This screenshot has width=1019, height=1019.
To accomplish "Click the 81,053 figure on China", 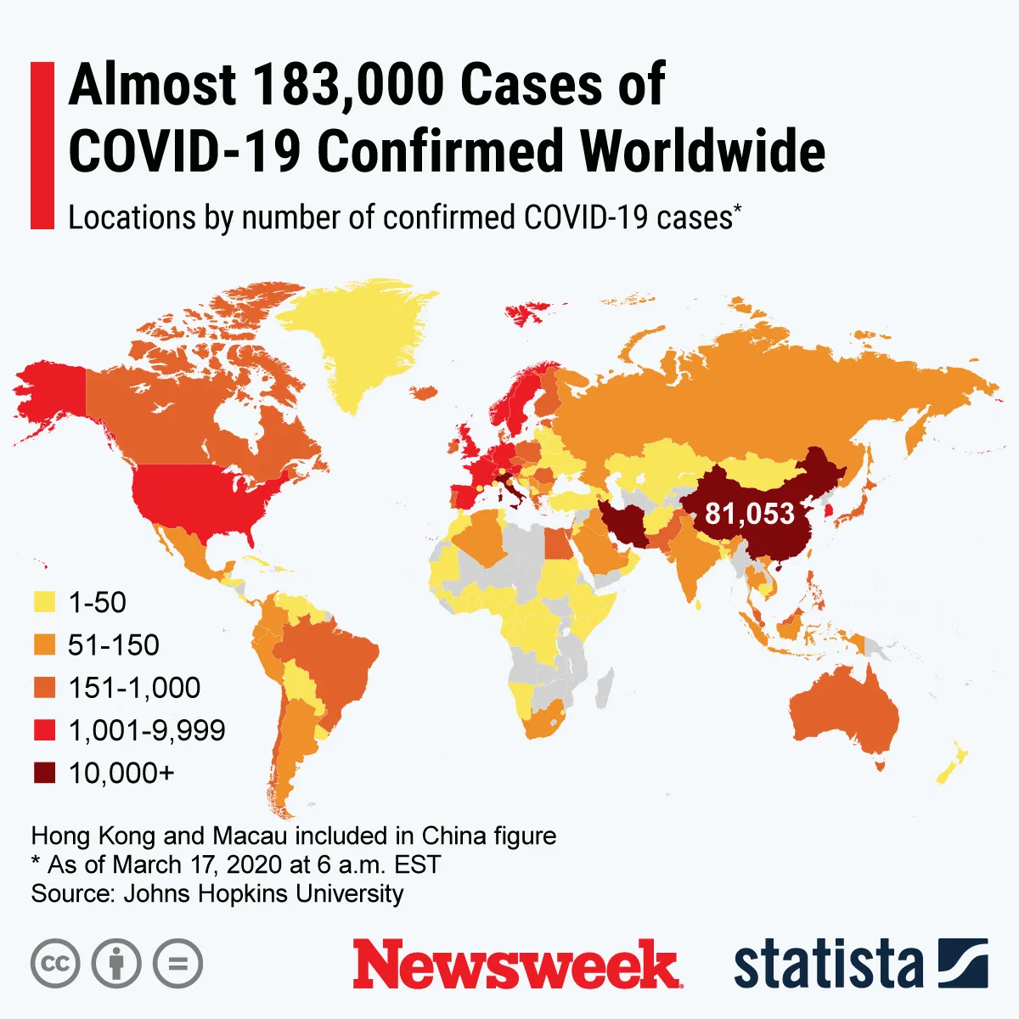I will tap(750, 514).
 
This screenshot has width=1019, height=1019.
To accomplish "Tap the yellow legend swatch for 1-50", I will tap(43, 603).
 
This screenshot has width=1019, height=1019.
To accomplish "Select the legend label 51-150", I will tap(114, 645).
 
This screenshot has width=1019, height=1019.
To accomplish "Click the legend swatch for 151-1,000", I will tap(43, 688).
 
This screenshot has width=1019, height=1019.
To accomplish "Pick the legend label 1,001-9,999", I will tap(147, 730).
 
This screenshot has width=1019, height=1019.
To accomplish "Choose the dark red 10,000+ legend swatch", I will tap(43, 773).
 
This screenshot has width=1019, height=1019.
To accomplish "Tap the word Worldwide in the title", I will tap(703, 151).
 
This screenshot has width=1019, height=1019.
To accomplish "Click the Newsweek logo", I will tap(517, 965).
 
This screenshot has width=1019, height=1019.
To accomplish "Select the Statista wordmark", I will tap(828, 965).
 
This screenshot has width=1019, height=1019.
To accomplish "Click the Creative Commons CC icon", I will tap(55, 964).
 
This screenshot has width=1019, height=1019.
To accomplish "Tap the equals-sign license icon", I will tap(178, 964).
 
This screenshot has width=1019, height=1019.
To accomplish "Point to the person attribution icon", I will tap(116, 964).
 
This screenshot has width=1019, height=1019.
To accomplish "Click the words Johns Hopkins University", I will tap(263, 893).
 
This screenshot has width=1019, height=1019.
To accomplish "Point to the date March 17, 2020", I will tap(196, 864).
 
